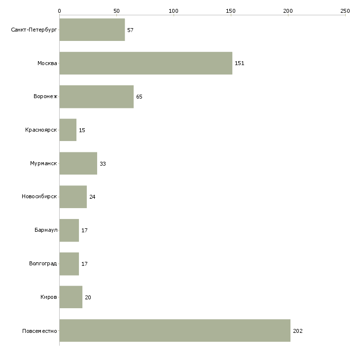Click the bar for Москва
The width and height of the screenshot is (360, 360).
145,63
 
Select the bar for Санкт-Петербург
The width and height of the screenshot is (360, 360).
92,30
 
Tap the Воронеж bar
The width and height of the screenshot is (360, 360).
96,97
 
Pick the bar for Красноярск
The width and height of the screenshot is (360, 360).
68,130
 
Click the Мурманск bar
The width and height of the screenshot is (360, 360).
78,163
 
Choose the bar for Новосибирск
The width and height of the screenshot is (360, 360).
73,197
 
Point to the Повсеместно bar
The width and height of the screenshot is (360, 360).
175,330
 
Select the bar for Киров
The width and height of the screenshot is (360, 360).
71,297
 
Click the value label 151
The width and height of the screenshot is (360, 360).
240,63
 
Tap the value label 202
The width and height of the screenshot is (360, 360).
297,331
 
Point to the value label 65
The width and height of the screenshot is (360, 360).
139,97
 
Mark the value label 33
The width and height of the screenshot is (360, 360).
103,164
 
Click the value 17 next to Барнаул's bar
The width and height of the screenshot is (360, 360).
84,230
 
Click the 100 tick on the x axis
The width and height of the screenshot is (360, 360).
174,10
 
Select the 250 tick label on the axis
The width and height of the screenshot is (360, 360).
345,10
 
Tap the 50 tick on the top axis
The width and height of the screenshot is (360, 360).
116,10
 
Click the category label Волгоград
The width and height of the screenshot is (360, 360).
43,264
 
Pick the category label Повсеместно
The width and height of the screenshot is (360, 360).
39,331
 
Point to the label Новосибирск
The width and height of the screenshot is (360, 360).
39,197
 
